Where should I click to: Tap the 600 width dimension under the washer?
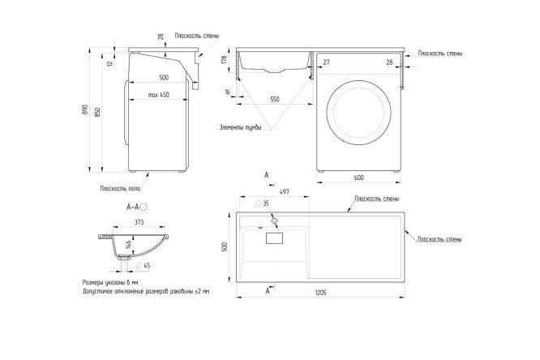point(358,178)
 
